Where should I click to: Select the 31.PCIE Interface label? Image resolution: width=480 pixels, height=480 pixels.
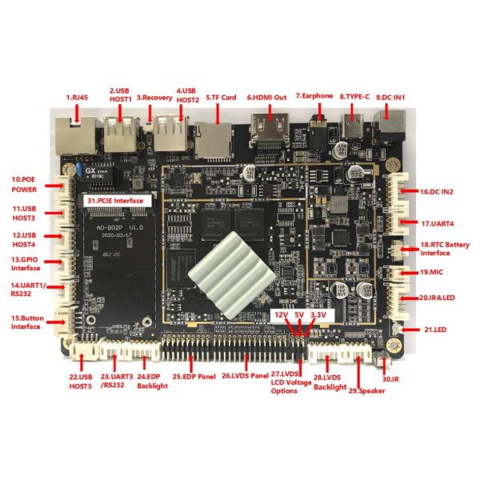point(117,201)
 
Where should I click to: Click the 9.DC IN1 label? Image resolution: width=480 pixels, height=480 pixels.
point(390,97)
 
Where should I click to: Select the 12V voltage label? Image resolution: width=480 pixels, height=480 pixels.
point(281,314)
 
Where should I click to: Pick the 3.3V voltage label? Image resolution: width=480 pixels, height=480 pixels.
point(318,314)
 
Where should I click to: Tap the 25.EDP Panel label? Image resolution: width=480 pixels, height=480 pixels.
point(194,376)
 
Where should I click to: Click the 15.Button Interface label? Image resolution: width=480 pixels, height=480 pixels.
point(27,322)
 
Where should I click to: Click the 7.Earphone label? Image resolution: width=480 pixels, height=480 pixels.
point(314,97)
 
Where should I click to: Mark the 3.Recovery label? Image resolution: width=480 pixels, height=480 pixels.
point(154,97)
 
